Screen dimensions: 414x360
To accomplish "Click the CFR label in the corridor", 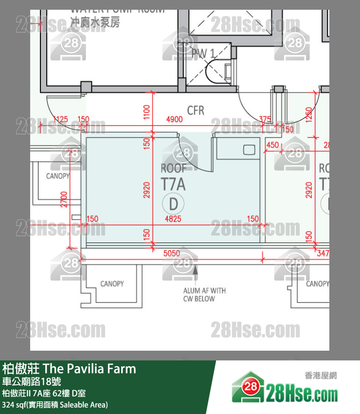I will coord(196,111).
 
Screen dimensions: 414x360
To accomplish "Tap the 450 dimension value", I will coord(273,145).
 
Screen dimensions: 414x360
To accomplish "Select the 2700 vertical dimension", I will coord(64,199).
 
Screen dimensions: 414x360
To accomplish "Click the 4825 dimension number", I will coord(173,219).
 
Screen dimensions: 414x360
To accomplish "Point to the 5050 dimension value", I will coord(171,253).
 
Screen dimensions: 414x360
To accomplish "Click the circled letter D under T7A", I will coord(173,202).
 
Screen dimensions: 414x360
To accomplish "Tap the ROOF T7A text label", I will coord(173,177).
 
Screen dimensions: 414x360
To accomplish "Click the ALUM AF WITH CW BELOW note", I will coord(204,295).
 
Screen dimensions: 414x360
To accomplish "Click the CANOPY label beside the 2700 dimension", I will coord(57,176).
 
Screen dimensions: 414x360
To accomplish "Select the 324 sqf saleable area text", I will coord(55,405).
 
